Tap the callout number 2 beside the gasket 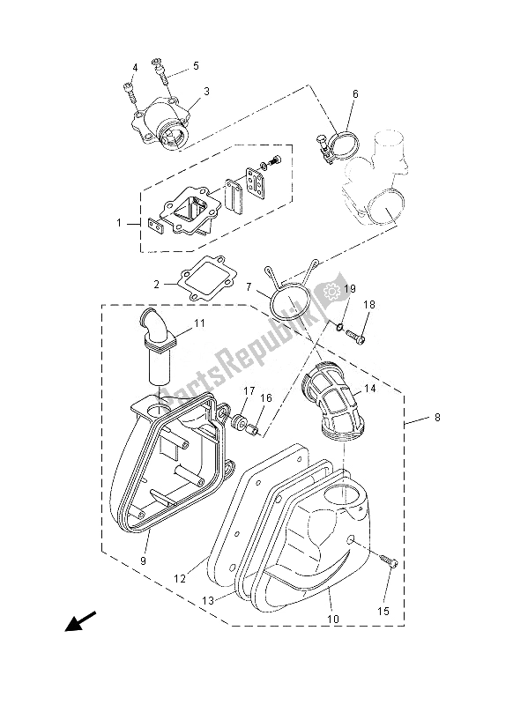point(157,285)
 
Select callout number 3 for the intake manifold point(206,91)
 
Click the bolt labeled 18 point(356,335)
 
